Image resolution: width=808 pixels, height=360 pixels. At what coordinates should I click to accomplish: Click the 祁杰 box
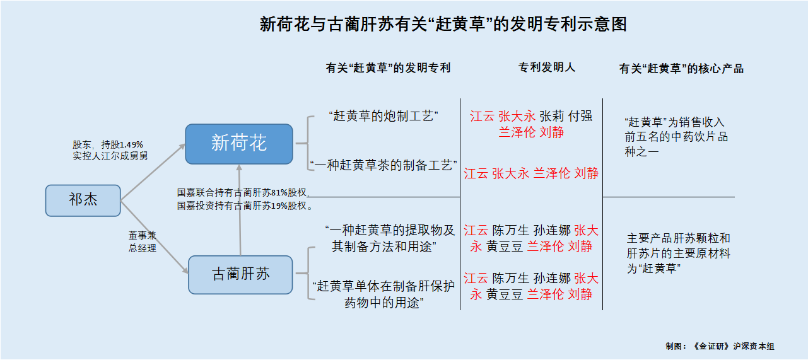point(83,200)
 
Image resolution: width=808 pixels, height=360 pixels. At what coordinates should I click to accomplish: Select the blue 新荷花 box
point(239,143)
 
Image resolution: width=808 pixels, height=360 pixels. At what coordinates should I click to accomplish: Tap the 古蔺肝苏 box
point(240,274)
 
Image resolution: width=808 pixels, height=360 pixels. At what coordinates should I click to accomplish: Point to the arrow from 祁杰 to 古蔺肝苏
point(155,237)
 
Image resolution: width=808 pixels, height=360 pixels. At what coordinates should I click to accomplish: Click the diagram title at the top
point(443,25)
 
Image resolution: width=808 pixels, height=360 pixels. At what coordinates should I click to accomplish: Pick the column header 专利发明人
point(547,67)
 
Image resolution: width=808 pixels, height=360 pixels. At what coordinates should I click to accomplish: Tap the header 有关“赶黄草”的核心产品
point(681,69)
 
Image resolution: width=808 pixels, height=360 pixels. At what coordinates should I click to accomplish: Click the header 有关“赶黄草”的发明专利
point(388,68)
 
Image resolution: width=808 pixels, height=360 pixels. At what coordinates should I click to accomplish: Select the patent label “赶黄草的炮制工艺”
point(384,116)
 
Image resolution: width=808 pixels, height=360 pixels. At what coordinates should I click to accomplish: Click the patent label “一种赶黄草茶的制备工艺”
point(384,165)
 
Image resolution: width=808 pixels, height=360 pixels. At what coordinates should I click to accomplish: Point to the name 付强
point(580,116)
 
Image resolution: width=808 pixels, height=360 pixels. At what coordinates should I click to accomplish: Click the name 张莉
point(552,116)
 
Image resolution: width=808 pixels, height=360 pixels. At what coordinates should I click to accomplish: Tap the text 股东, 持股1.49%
point(108,144)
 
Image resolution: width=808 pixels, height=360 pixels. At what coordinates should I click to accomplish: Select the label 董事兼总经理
point(143,241)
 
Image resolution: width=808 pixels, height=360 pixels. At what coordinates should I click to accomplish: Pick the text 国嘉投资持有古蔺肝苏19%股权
point(245,206)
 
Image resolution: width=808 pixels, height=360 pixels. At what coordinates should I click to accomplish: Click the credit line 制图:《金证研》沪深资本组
point(720,346)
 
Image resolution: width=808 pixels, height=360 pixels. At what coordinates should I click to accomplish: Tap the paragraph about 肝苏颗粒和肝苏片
point(678,253)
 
